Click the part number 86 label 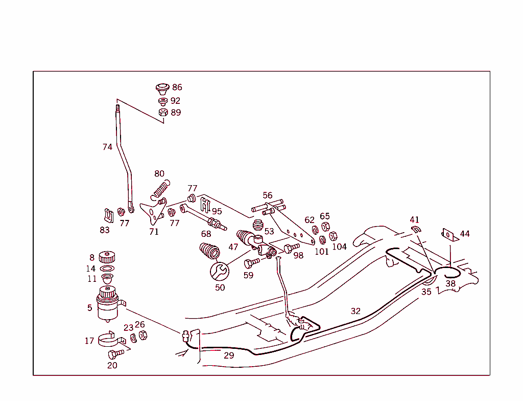[177, 87]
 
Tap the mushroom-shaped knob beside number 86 [163, 88]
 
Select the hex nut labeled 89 [163, 113]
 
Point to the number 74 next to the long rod [107, 147]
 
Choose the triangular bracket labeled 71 [151, 212]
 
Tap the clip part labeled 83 [108, 216]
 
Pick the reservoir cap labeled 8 [106, 257]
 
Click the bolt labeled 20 [115, 354]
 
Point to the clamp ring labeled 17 [109, 339]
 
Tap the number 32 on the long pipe [355, 311]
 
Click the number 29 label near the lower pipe [229, 355]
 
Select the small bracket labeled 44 [448, 234]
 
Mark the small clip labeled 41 [415, 228]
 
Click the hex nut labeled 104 [333, 236]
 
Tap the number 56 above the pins [268, 195]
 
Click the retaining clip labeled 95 [205, 204]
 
